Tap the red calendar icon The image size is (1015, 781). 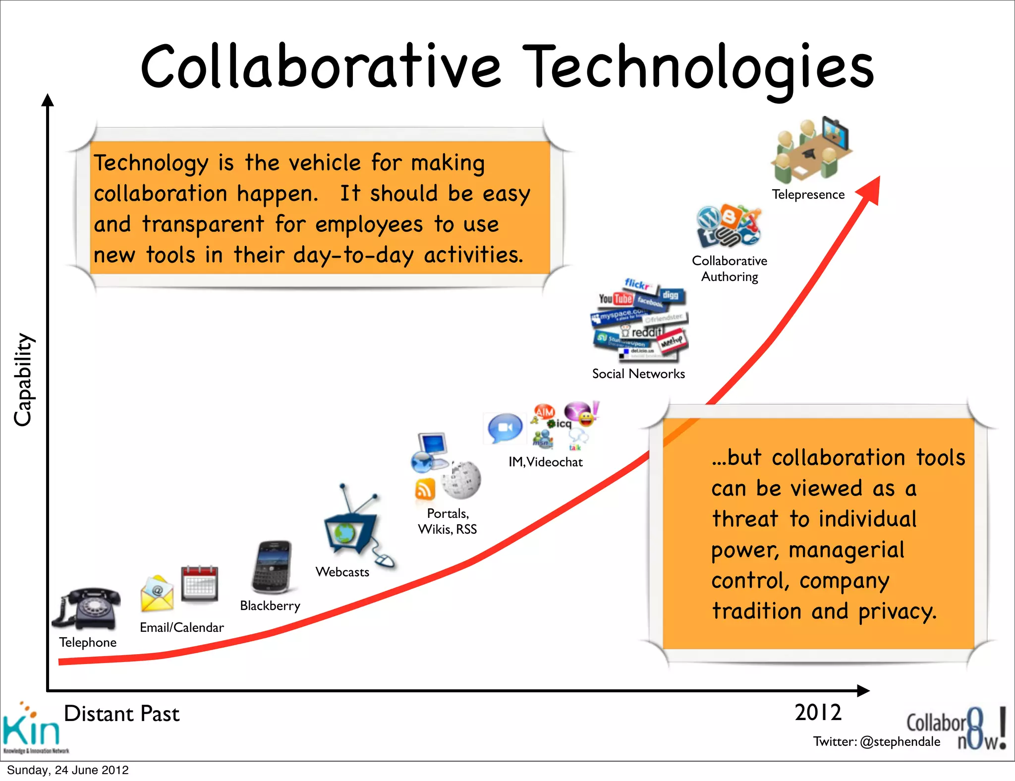(199, 583)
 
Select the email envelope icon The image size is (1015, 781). (157, 594)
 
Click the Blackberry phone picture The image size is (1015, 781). (272, 567)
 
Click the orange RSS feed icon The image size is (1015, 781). (425, 490)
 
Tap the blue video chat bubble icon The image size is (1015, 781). (505, 428)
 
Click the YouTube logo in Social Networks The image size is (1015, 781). (616, 298)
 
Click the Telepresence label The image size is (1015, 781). (808, 195)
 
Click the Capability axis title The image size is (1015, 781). (23, 379)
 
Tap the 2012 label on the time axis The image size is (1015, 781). (818, 713)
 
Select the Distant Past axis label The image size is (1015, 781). (121, 714)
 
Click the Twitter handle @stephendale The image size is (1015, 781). (900, 741)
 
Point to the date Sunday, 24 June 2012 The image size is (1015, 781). (68, 770)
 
